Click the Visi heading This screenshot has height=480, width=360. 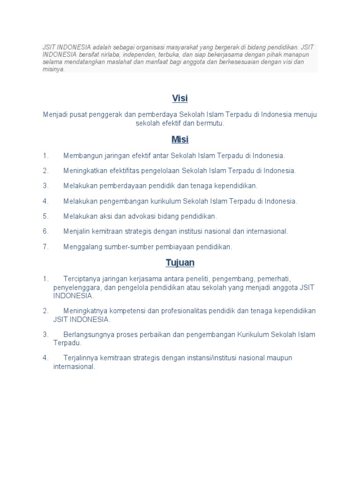pos(180,98)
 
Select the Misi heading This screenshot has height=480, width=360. pos(180,140)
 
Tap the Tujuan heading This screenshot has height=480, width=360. pos(180,262)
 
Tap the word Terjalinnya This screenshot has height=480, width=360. pos(80,358)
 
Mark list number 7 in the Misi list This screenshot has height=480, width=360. pos(45,247)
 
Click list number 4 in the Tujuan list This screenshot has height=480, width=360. pos(45,358)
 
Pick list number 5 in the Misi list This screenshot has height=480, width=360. pos(45,216)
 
